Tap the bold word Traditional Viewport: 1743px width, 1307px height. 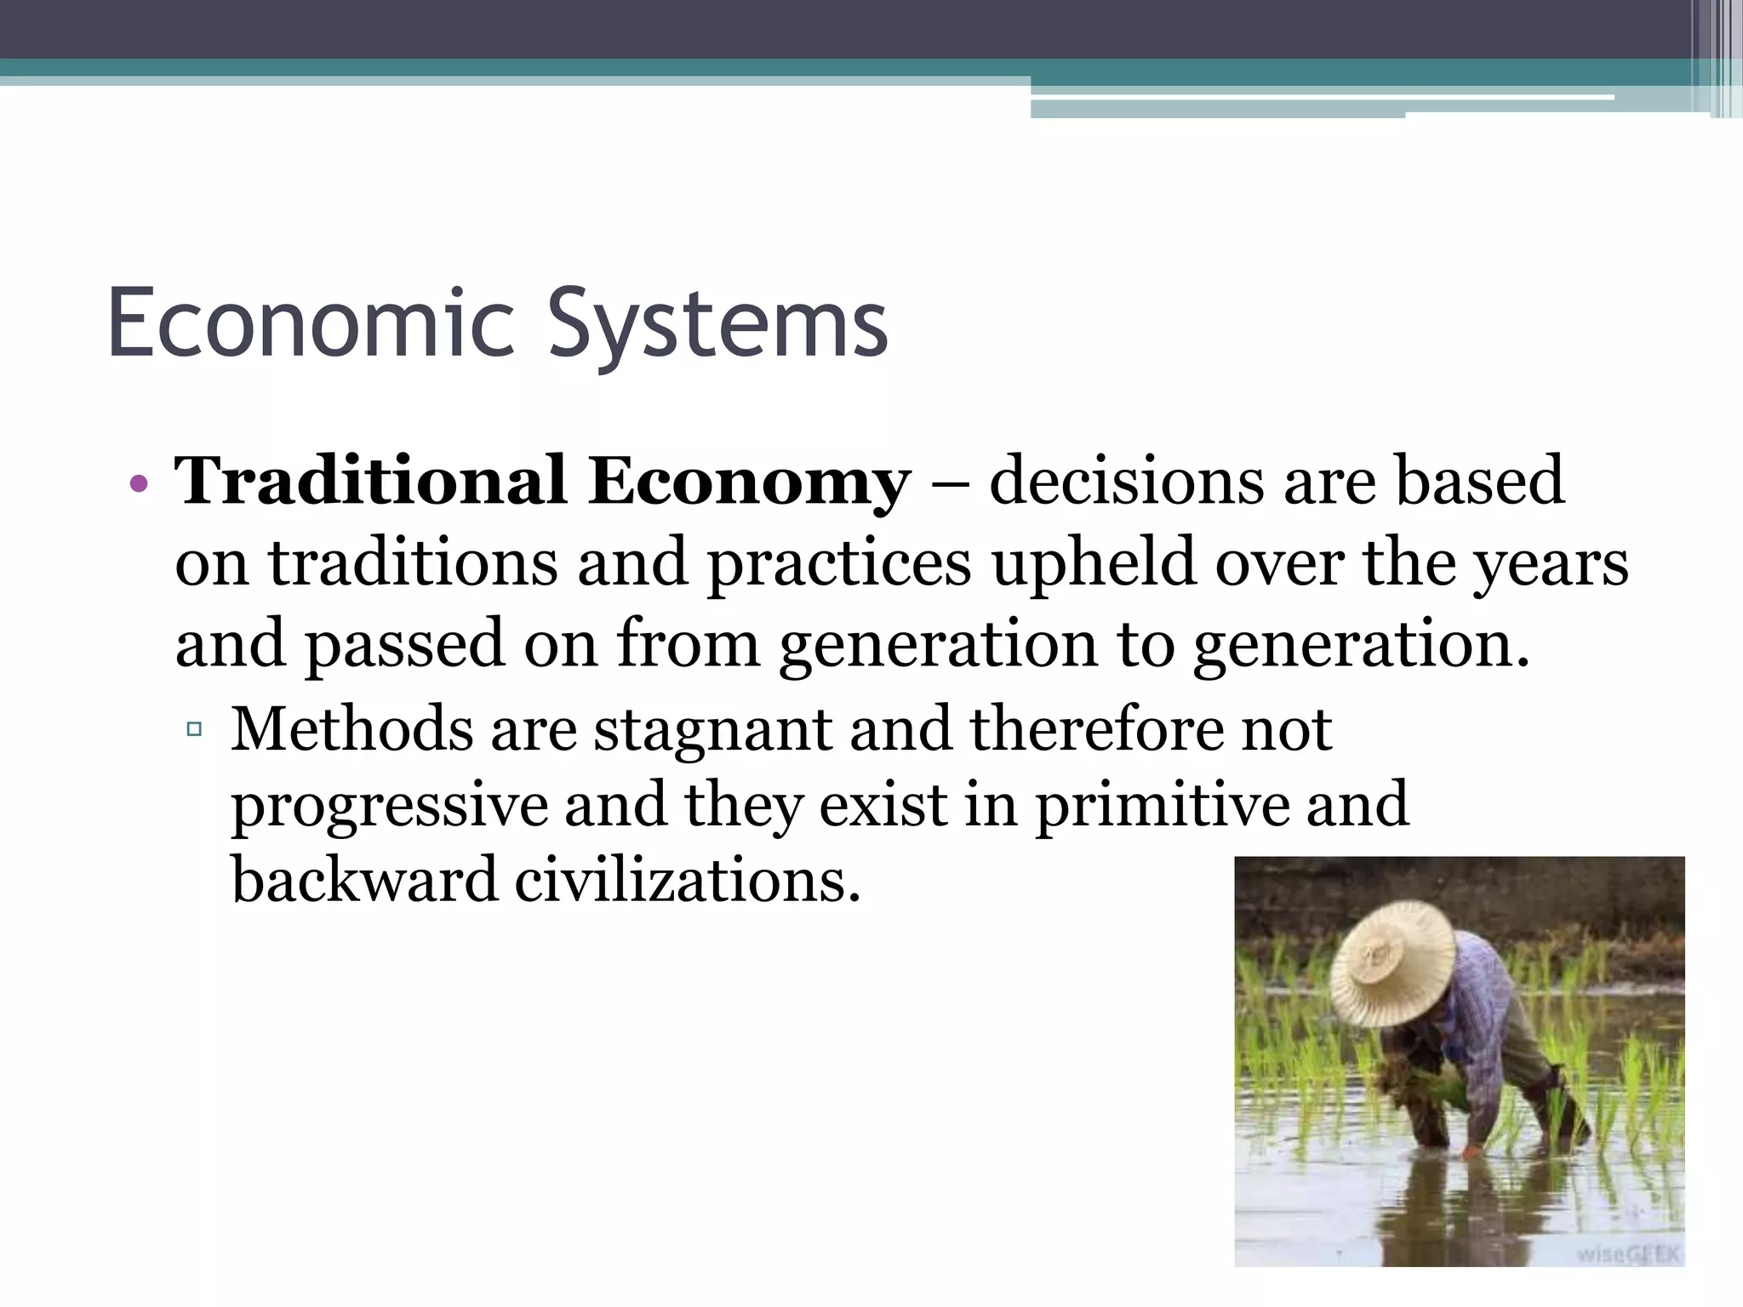370,482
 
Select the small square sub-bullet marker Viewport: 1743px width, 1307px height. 194,729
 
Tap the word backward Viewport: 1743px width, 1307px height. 364,880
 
